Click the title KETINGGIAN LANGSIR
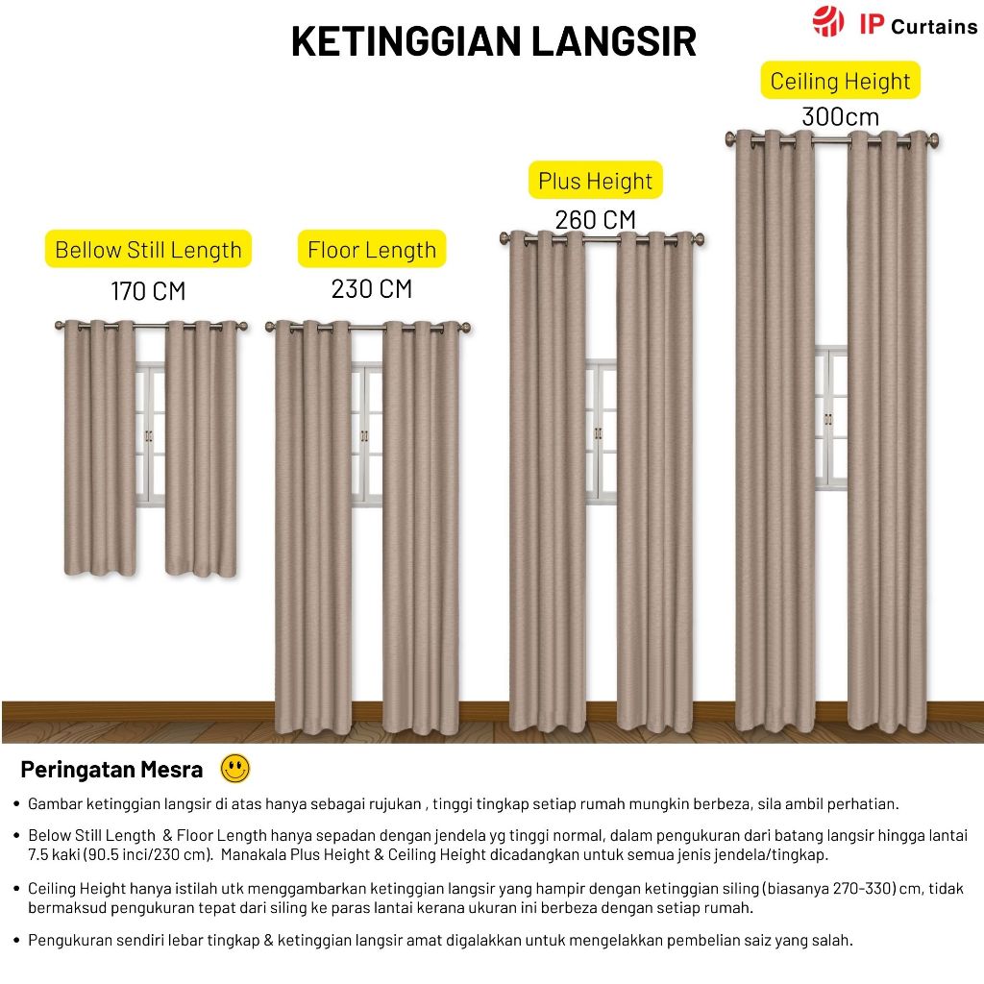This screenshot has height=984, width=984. click(x=494, y=42)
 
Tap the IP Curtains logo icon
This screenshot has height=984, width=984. click(x=827, y=21)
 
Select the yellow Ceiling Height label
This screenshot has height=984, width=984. click(x=840, y=81)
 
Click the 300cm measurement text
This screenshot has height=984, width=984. click(x=840, y=117)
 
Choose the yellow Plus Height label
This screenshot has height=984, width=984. click(x=595, y=181)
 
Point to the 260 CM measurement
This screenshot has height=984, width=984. click(x=595, y=220)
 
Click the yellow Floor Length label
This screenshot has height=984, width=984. click(x=372, y=251)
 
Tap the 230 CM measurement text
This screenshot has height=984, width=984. click(x=372, y=289)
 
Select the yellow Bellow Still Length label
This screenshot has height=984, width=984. click(x=148, y=250)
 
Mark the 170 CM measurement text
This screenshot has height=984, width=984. click(x=148, y=290)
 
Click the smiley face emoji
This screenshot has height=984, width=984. click(x=234, y=768)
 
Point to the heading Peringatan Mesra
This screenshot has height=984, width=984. click(x=111, y=770)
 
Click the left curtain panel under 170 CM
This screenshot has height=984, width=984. click(x=99, y=447)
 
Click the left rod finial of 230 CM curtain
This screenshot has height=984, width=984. click(x=270, y=329)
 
